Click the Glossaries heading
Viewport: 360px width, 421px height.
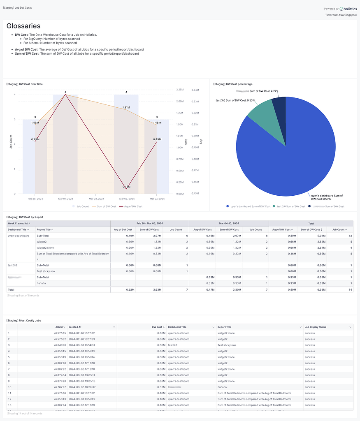click(23, 26)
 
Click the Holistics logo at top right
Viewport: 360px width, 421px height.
click(348, 9)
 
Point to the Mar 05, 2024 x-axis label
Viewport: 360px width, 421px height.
click(126, 199)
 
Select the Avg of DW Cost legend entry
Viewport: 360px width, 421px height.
click(130, 206)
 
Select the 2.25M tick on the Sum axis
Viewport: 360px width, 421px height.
click(179, 90)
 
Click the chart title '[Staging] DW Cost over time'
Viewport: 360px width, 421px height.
click(25, 84)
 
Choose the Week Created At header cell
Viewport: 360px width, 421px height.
click(19, 223)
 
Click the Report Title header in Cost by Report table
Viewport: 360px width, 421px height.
click(44, 229)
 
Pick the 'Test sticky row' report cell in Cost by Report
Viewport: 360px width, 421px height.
click(46, 271)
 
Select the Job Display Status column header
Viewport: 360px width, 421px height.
click(316, 327)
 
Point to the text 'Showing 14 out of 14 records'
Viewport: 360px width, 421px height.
click(24, 413)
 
